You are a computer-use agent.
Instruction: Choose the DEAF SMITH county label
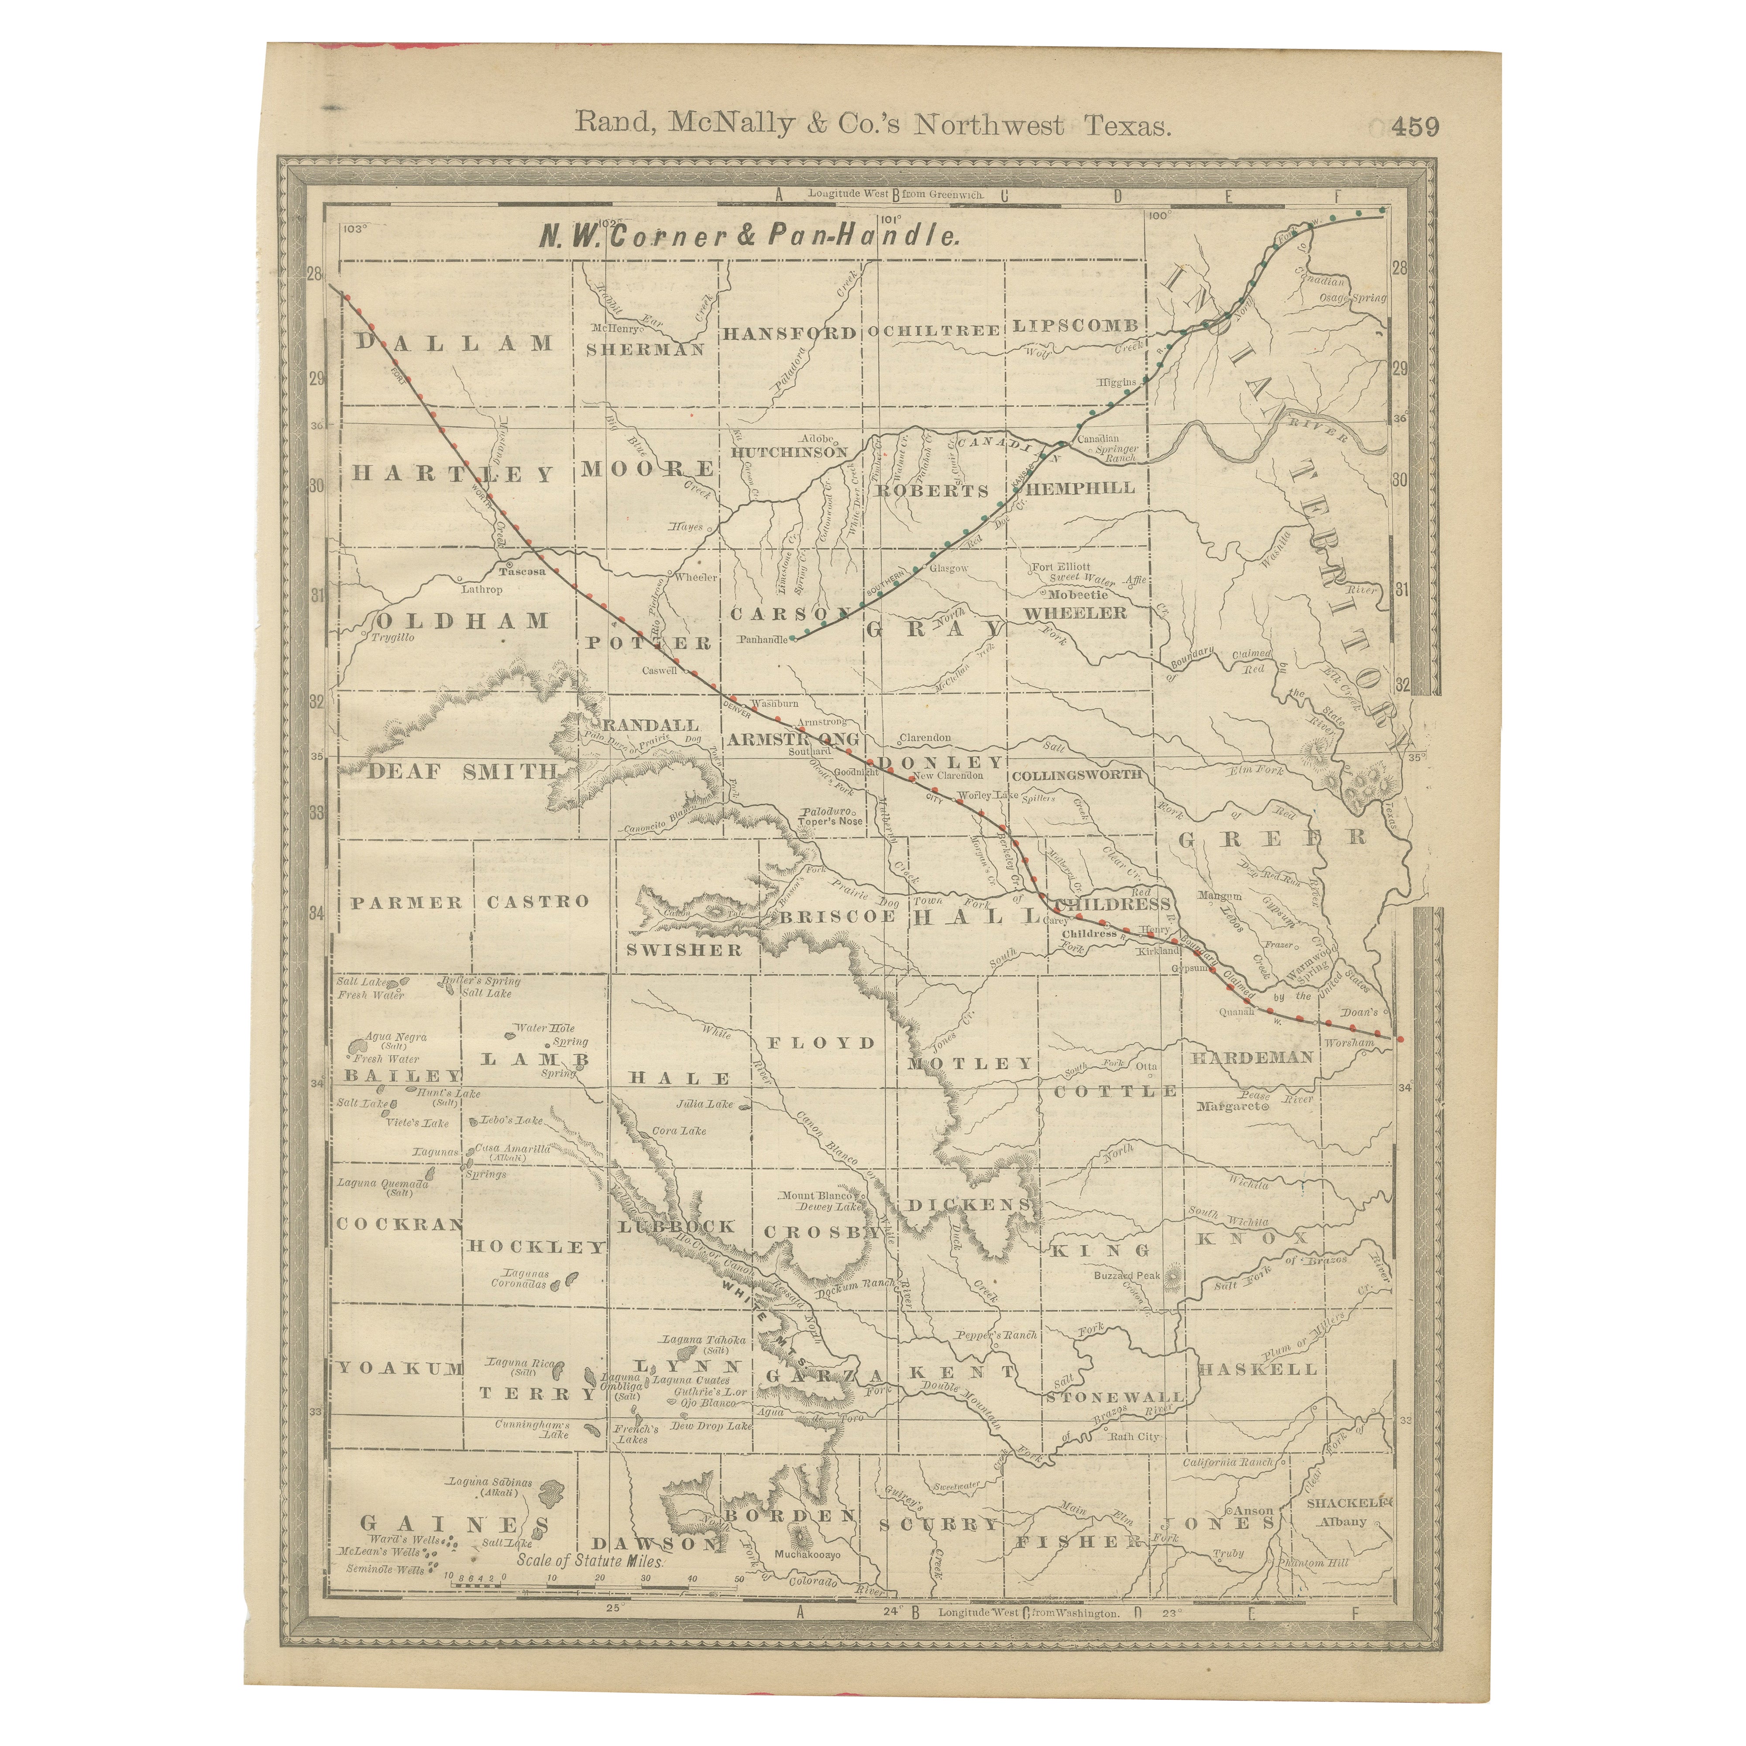(x=462, y=771)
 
